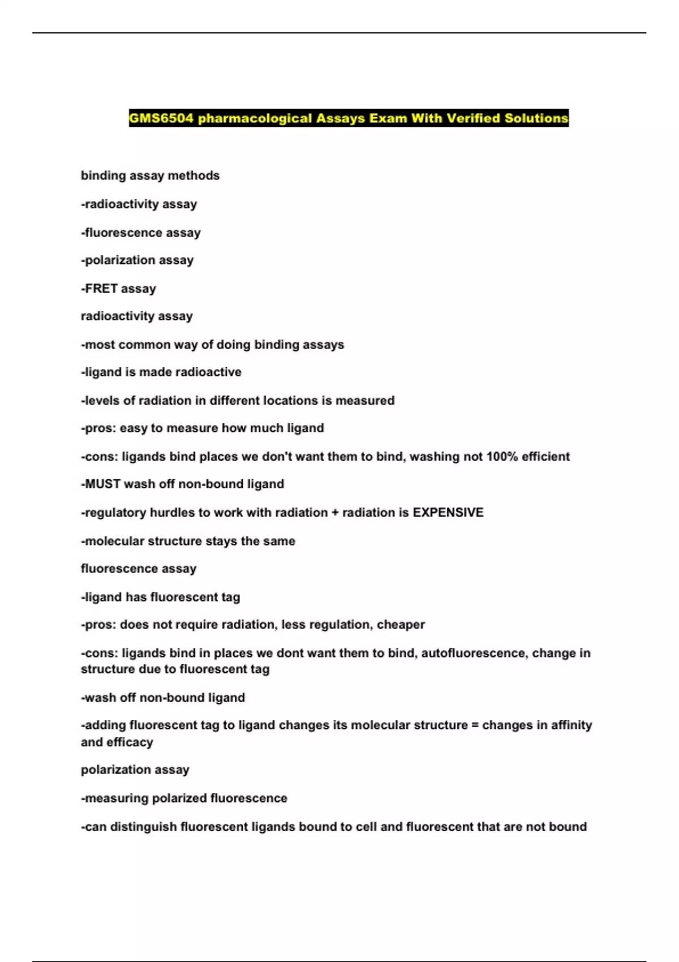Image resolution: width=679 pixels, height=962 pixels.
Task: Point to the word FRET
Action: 101,289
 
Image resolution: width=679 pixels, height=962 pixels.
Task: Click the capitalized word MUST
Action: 103,484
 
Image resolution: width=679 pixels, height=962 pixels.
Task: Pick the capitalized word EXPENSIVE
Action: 448,513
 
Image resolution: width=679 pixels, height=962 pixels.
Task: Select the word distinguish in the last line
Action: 143,827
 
